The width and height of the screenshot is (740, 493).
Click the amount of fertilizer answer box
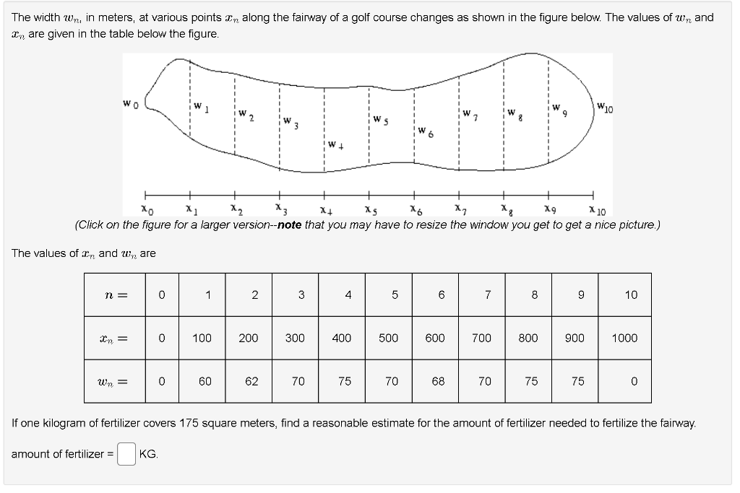pyautogui.click(x=126, y=454)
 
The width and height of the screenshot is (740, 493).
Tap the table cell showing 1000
pyautogui.click(x=624, y=338)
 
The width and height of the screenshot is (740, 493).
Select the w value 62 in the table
pyautogui.click(x=251, y=381)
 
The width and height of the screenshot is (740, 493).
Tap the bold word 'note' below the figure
pyautogui.click(x=289, y=224)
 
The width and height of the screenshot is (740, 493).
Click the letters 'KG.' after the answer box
pyautogui.click(x=149, y=454)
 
